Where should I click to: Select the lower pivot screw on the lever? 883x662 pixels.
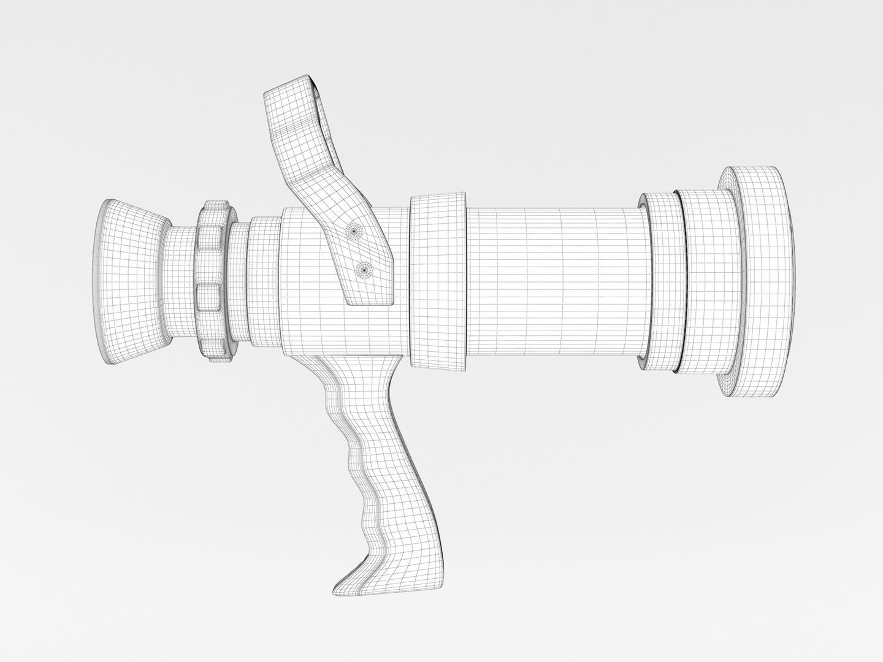[x=364, y=269]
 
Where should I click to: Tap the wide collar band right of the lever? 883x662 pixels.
[x=438, y=282]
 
